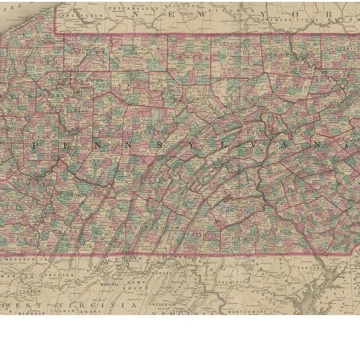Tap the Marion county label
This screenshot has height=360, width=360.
click(x=17, y=277)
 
